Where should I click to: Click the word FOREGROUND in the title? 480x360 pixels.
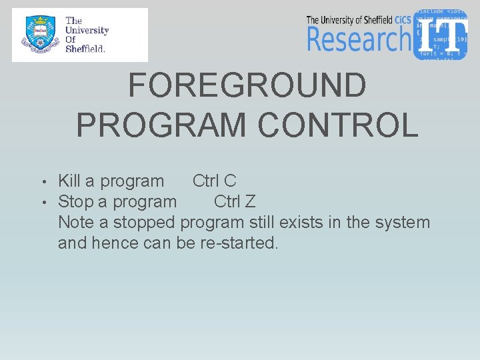coord(247,85)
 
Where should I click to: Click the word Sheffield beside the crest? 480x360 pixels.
coord(85,49)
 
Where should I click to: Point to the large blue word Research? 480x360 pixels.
coord(359,39)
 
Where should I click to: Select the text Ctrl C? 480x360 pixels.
coord(214,181)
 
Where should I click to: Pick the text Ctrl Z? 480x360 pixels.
coord(235,201)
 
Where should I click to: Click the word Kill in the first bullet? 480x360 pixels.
coord(69,181)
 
